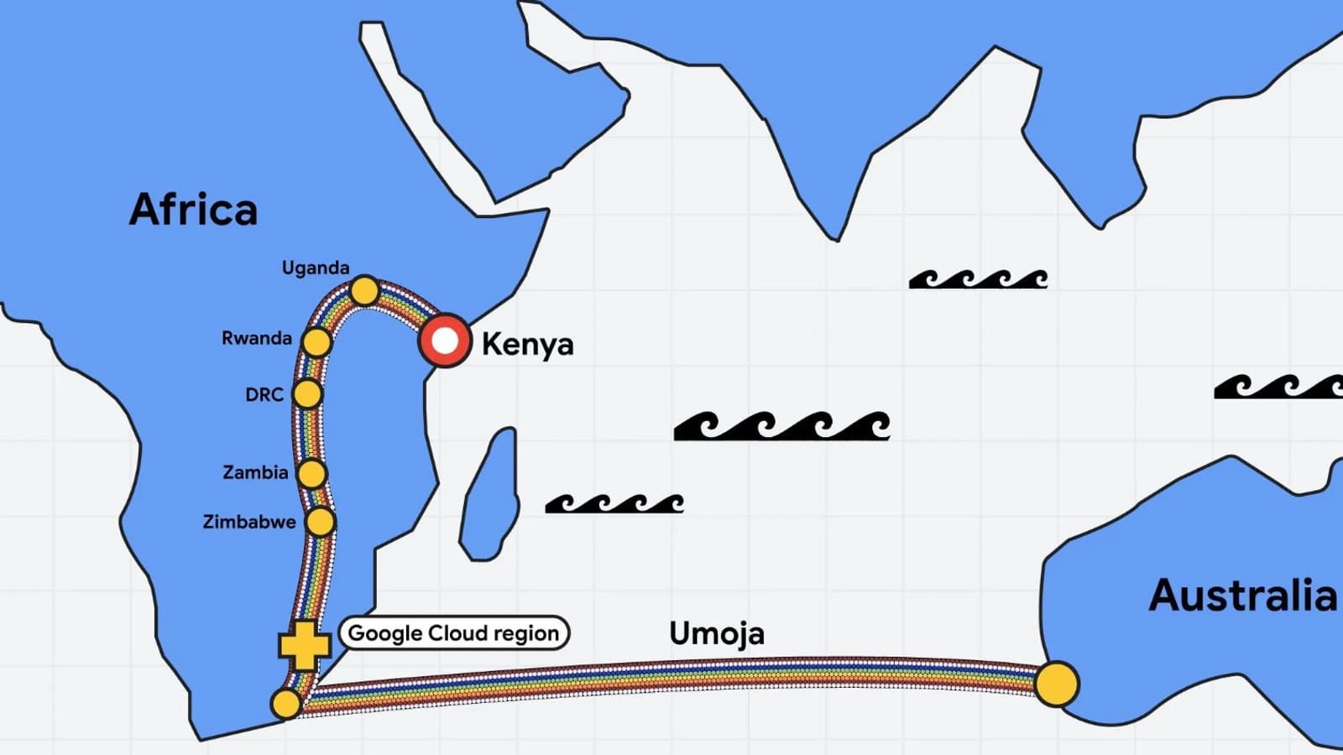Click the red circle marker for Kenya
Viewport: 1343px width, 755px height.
click(x=445, y=341)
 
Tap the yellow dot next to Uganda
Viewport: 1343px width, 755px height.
click(x=364, y=291)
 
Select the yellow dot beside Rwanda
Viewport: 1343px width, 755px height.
click(x=317, y=342)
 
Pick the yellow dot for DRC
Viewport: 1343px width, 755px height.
click(x=307, y=393)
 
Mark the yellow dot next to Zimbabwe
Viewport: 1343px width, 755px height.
click(x=320, y=521)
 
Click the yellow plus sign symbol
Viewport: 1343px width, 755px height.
click(x=305, y=646)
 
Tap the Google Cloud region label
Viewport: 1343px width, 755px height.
click(x=454, y=633)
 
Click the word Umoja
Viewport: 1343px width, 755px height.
click(x=717, y=634)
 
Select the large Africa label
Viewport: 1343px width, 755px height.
click(x=193, y=209)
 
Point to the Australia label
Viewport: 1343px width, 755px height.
click(x=1242, y=595)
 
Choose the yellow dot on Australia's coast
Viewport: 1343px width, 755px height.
click(x=1057, y=684)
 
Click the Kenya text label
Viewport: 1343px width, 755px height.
click(x=528, y=345)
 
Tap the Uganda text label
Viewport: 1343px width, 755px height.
click(x=316, y=268)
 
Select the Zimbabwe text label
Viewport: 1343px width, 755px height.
click(x=249, y=522)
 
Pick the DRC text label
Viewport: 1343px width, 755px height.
click(x=264, y=395)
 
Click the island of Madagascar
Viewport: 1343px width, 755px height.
click(x=489, y=495)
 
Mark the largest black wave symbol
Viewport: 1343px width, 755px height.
click(x=781, y=426)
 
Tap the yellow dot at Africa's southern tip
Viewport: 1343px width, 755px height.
click(x=286, y=704)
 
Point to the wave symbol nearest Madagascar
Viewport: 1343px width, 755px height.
click(x=614, y=504)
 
